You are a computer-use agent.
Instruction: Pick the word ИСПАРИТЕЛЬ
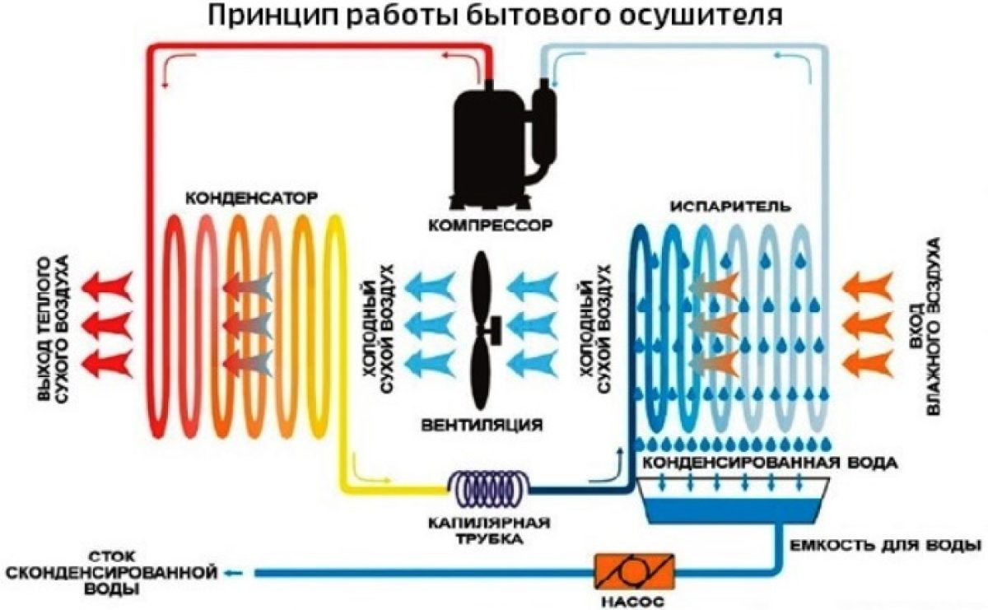[720, 206]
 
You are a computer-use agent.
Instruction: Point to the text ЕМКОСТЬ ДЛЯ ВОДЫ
[885, 545]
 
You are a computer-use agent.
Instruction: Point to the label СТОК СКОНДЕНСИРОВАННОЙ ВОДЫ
[110, 570]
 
